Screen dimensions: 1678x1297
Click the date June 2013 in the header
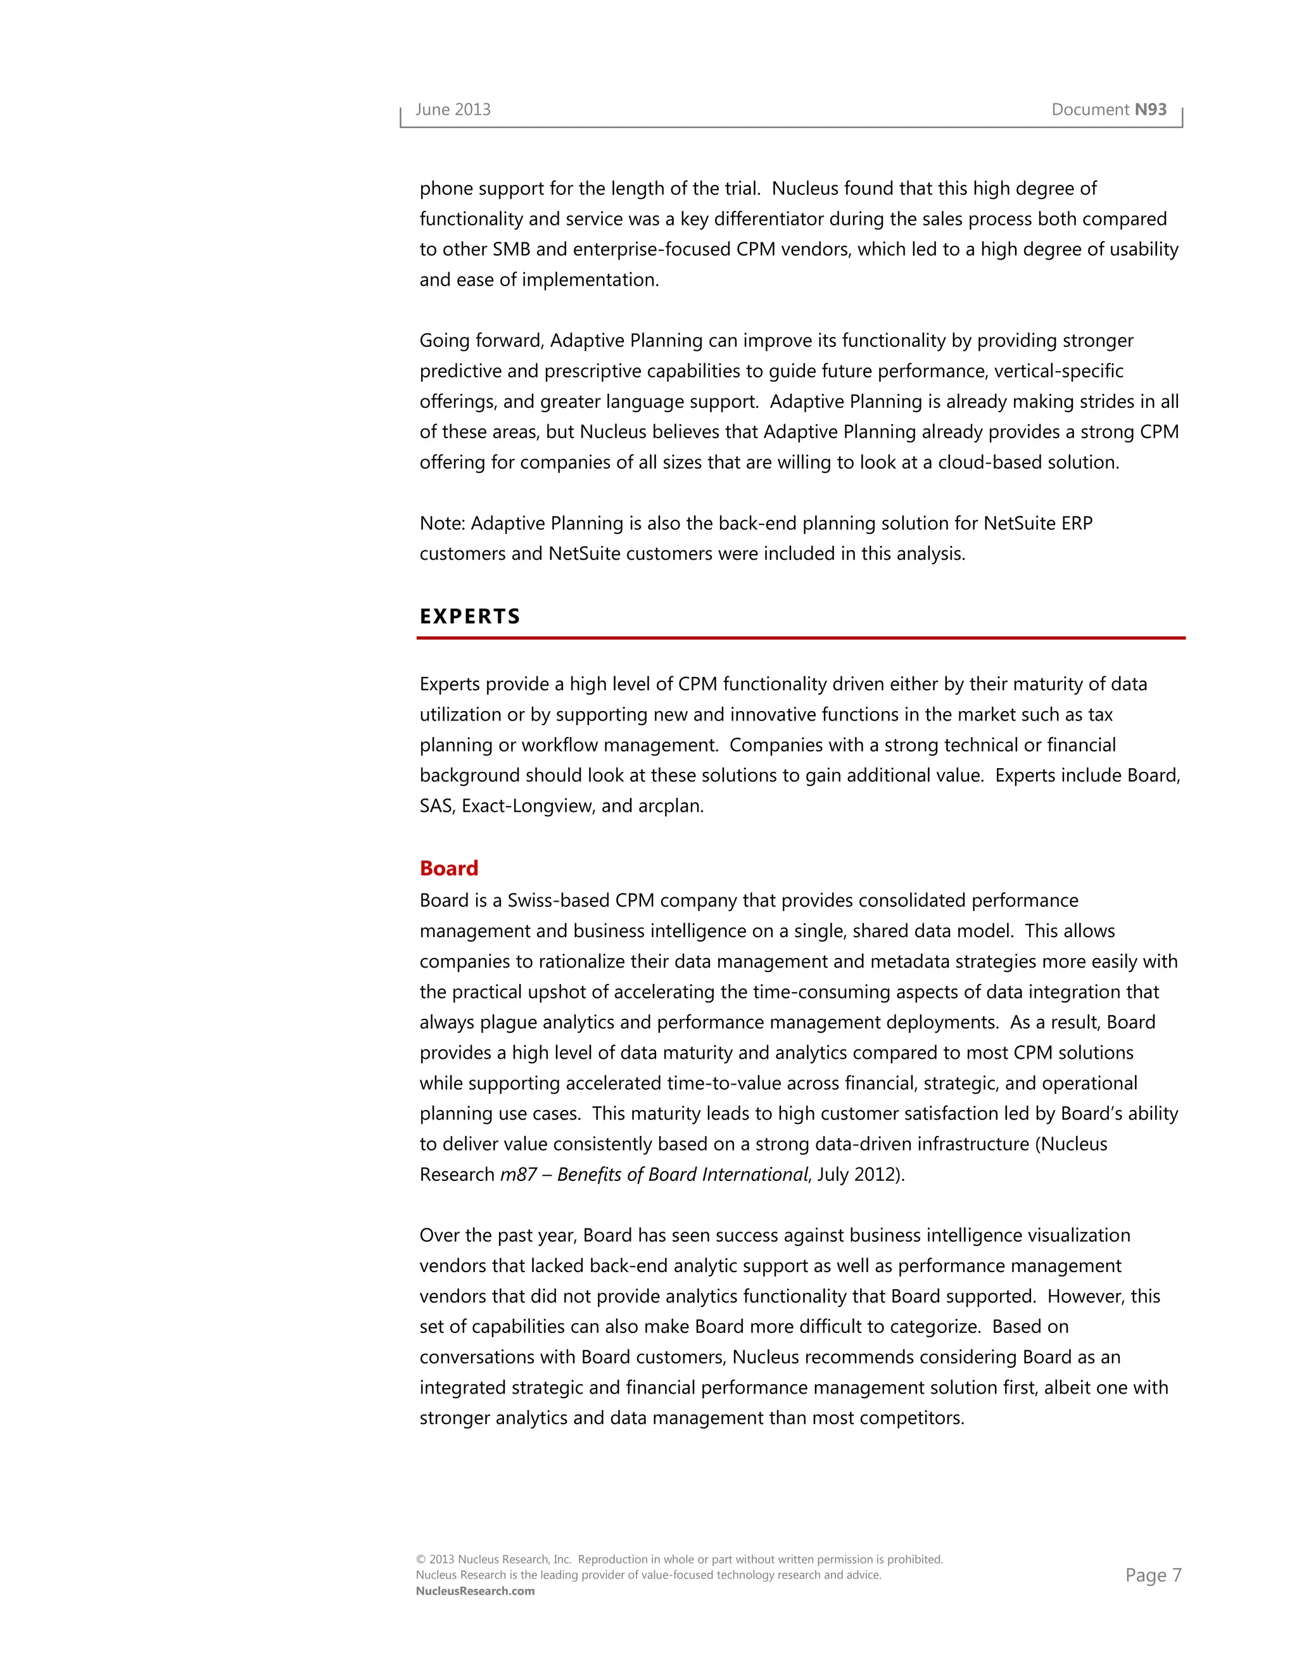click(x=453, y=110)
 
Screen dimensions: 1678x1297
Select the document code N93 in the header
click(x=1150, y=110)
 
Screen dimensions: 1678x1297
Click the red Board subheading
click(x=449, y=868)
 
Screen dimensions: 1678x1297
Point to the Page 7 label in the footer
click(x=1153, y=1575)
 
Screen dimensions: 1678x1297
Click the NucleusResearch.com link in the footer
click(x=475, y=1591)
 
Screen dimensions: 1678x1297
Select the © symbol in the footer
click(x=421, y=1560)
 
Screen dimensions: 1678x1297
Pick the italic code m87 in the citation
click(x=518, y=1174)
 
